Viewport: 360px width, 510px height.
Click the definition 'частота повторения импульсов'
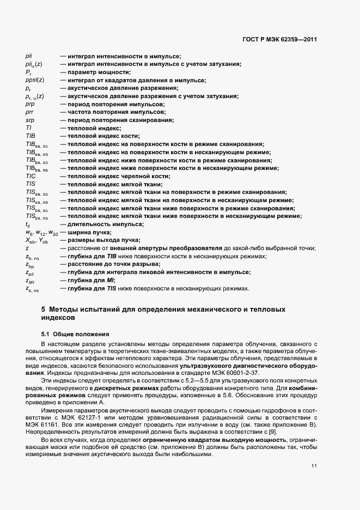point(112,112)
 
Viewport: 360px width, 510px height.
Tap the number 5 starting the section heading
point(44,309)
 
